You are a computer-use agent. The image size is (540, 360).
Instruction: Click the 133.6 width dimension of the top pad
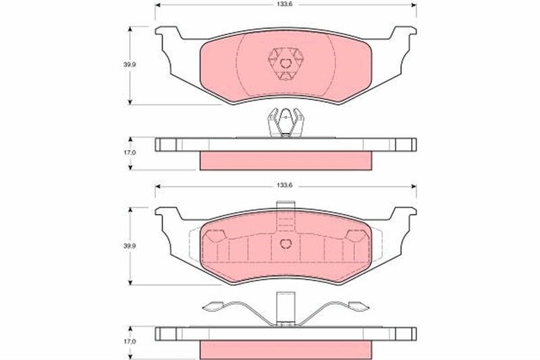click(x=284, y=5)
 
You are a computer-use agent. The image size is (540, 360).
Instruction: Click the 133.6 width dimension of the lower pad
click(x=284, y=185)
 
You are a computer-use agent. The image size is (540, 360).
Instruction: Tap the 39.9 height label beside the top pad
click(x=130, y=64)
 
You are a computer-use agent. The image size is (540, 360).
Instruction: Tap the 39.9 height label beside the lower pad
click(x=130, y=246)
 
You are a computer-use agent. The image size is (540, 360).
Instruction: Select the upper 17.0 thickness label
click(x=130, y=152)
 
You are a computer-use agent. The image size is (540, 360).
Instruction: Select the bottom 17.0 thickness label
click(x=130, y=341)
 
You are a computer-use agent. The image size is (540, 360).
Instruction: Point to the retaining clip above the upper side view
click(x=286, y=122)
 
